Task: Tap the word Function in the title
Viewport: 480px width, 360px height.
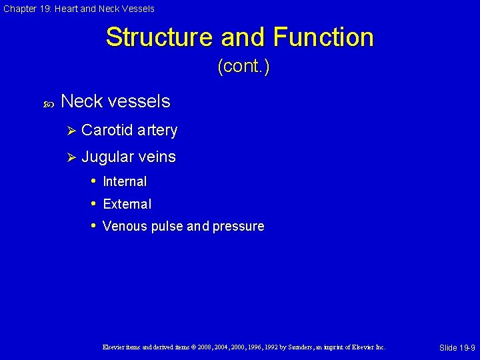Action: [319, 37]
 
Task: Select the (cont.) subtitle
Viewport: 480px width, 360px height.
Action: [243, 67]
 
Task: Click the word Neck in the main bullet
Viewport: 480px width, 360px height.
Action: [81, 101]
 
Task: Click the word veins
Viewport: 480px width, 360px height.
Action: [157, 157]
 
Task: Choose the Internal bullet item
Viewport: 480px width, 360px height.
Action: [125, 181]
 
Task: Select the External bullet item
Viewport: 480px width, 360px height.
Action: [127, 204]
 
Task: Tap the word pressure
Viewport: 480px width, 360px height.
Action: [238, 227]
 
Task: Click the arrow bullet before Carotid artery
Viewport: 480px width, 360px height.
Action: [73, 131]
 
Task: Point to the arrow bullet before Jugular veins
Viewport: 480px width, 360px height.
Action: [73, 157]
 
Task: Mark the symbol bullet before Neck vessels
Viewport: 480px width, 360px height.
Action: [48, 103]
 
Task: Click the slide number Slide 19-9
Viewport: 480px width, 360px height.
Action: [457, 348]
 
